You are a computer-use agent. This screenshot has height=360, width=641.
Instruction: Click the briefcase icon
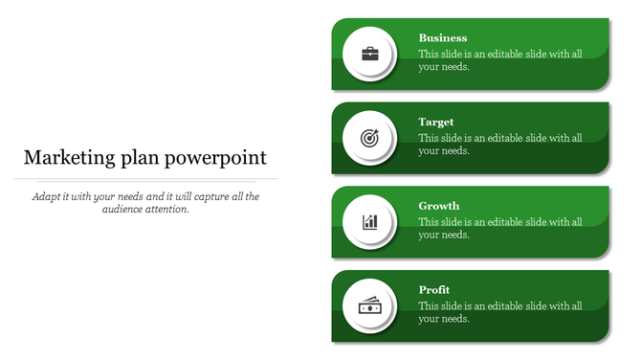click(369, 54)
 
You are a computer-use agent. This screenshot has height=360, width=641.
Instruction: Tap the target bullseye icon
click(369, 138)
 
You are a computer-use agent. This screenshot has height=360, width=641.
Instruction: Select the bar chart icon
click(369, 222)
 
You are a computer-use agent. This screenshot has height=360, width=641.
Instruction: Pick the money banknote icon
click(369, 306)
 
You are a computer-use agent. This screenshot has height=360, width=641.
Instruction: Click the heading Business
click(443, 38)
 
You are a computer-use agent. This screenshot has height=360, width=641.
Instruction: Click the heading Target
click(436, 122)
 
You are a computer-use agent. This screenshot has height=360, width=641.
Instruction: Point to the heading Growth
click(439, 206)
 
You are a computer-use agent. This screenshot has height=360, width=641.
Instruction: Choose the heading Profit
click(434, 289)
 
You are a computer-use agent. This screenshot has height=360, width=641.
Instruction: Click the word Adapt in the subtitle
click(46, 196)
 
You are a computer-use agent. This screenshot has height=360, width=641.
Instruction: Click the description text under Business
click(500, 60)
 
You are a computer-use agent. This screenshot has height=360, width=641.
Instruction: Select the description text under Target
click(500, 145)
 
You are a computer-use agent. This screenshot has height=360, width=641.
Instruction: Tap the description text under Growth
click(500, 228)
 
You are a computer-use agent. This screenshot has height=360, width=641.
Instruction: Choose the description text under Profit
click(500, 312)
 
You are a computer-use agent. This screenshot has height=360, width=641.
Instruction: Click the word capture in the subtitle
click(210, 196)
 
